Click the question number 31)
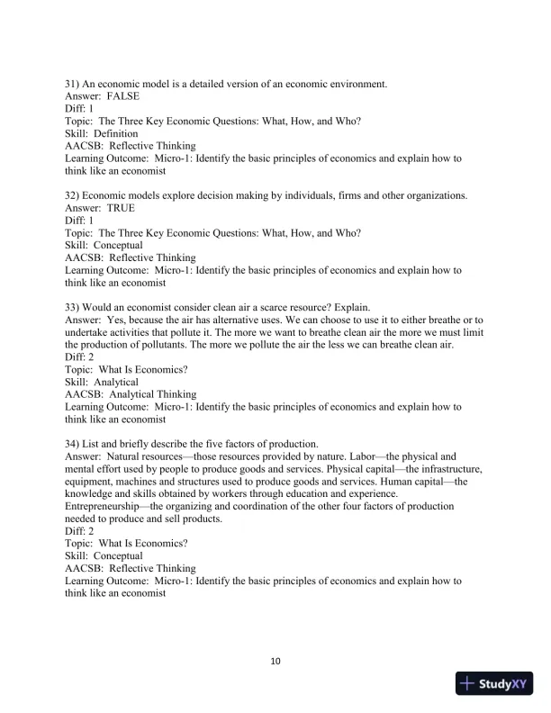(x=73, y=84)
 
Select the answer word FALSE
(x=123, y=95)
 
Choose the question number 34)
(x=73, y=444)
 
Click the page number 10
(x=276, y=662)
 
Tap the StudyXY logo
(x=495, y=683)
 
